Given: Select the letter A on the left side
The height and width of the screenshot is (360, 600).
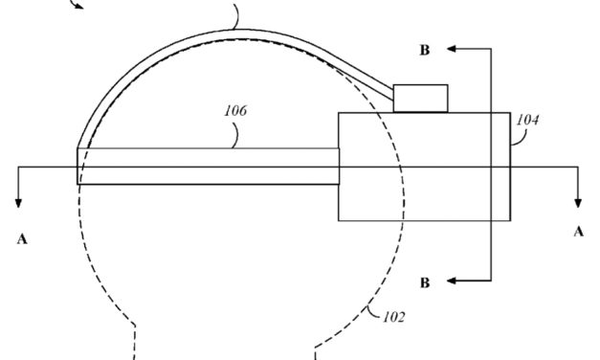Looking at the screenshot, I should pos(21,238).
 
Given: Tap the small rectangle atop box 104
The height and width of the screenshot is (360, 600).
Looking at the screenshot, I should pos(421,98).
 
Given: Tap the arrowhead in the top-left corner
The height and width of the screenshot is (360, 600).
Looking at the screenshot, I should pos(79,5).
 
